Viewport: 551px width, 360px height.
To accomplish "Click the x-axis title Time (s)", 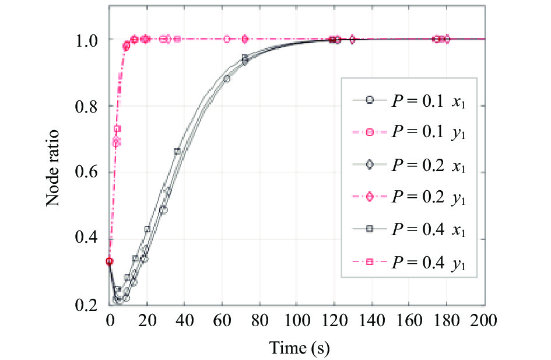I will coord(299,348).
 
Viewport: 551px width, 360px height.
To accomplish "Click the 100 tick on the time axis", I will coord(297,321).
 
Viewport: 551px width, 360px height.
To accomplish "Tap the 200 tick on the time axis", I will coord(485,321).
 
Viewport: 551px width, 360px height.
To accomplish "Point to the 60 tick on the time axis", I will coord(222,321).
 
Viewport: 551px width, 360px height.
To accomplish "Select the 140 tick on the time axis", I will coord(372,321).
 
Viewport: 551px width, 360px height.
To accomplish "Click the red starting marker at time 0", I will coord(109,261).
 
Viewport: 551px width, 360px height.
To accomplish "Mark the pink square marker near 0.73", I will coord(117,129).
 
